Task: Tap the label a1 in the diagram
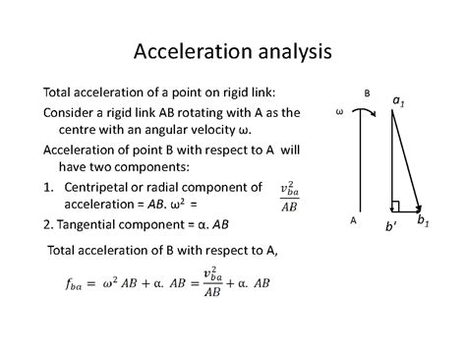(399, 100)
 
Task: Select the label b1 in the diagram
(422, 220)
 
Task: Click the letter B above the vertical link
(367, 94)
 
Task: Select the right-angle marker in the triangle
(394, 207)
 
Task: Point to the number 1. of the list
(49, 187)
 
